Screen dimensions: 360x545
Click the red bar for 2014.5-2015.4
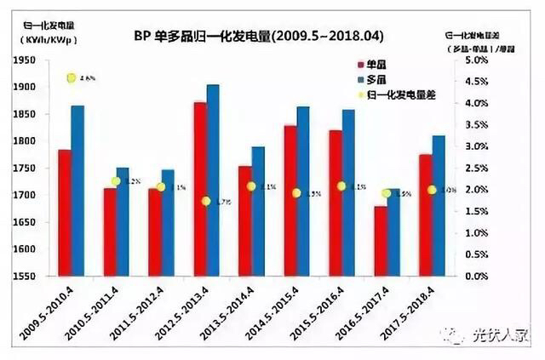[290, 201]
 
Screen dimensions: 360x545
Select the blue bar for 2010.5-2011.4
[122, 221]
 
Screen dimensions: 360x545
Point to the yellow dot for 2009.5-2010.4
[72, 78]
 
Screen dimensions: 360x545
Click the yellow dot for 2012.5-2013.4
[206, 201]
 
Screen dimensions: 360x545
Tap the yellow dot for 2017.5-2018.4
[432, 190]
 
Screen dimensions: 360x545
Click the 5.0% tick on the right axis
[477, 60]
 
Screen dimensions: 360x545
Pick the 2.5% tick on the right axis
[477, 168]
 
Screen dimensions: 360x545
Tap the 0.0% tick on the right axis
[477, 276]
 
